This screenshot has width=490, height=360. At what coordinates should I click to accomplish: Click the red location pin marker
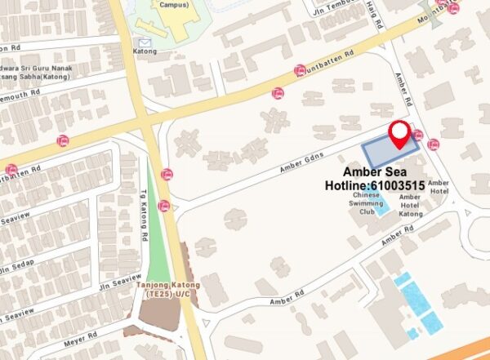pyautogui.click(x=399, y=134)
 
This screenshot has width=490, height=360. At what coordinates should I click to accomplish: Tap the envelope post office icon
pyautogui.click(x=145, y=42)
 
